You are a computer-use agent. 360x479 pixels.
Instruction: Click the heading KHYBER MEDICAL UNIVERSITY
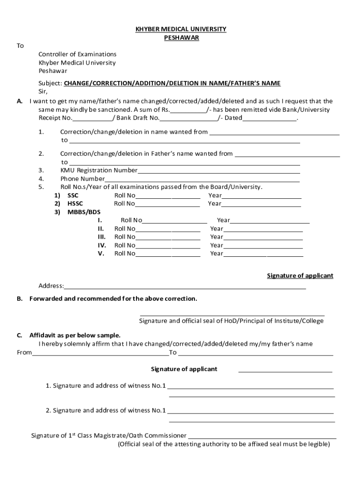pos(180,29)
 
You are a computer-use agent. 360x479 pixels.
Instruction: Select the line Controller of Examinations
pos(77,54)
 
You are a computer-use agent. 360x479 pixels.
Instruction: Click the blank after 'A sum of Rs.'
pos(188,110)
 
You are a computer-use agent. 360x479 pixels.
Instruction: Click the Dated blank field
pos(269,118)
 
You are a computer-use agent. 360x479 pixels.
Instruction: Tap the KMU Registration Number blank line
pos(218,171)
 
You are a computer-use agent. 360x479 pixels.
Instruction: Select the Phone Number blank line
pos(202,179)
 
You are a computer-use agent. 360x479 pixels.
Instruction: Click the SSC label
pos(73,196)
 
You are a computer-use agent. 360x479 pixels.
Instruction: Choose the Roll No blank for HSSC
pos(167,204)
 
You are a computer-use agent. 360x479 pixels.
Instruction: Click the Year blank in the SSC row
pos(261,196)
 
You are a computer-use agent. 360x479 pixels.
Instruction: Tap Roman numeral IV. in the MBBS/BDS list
pos(101,245)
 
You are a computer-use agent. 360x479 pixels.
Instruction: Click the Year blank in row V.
pos(263,254)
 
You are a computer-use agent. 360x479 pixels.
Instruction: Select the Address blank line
pos(185,286)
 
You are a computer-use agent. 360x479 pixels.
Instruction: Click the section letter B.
pos(20,298)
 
